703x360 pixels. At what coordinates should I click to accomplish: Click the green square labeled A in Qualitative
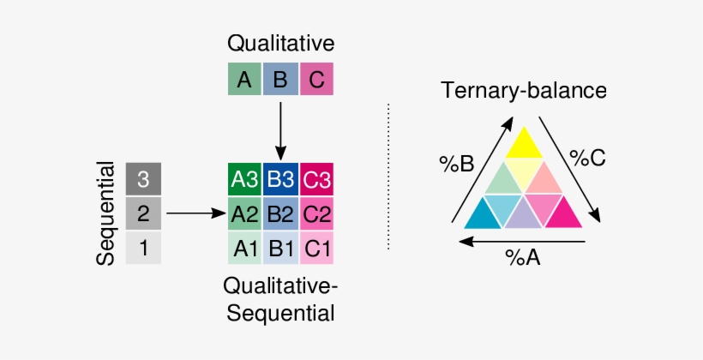pyautogui.click(x=244, y=80)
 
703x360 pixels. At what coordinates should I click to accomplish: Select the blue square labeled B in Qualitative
pyautogui.click(x=280, y=80)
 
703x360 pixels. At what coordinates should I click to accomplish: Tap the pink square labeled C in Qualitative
pyautogui.click(x=316, y=80)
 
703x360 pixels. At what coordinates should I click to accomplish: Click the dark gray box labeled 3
pyautogui.click(x=143, y=179)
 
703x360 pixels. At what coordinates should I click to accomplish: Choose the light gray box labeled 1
pyautogui.click(x=143, y=249)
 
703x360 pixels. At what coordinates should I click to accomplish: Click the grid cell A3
pyautogui.click(x=244, y=180)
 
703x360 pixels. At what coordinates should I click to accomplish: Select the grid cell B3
pyautogui.click(x=280, y=180)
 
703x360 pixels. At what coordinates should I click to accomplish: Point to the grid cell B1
pyautogui.click(x=280, y=248)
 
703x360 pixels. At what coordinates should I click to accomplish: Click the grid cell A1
pyautogui.click(x=244, y=248)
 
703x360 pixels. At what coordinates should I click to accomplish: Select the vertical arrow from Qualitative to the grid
pyautogui.click(x=280, y=129)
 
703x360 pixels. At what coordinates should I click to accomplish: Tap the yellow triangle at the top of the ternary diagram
pyautogui.click(x=523, y=143)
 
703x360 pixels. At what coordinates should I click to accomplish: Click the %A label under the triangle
pyautogui.click(x=522, y=257)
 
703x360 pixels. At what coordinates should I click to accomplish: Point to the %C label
pyautogui.click(x=588, y=159)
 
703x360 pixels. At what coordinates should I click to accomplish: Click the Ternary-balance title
pyautogui.click(x=524, y=90)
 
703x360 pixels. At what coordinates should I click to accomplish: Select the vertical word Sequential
pyautogui.click(x=106, y=213)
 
